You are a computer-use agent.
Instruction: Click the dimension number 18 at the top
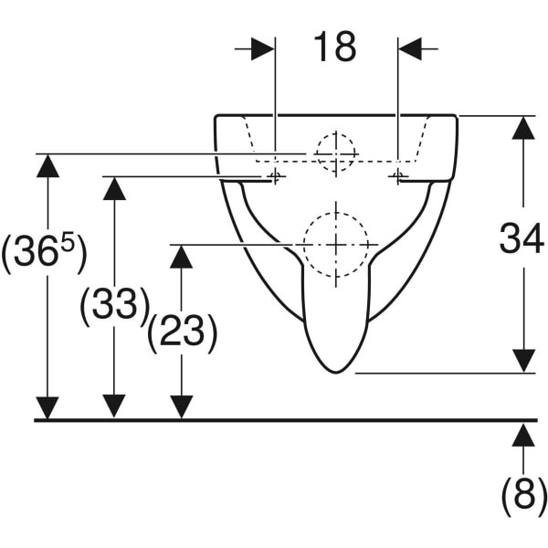[335, 47]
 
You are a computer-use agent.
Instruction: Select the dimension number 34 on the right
[522, 238]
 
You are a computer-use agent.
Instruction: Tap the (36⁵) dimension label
[43, 251]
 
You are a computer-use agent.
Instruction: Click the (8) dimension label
[523, 495]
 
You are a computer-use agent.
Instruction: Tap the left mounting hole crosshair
[275, 175]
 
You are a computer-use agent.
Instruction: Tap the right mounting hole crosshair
[397, 175]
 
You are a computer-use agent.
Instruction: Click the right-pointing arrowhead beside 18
[263, 49]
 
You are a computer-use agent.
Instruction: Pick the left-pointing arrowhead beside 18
[410, 49]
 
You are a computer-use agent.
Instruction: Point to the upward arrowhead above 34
[523, 128]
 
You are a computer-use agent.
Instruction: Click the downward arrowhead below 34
[523, 361]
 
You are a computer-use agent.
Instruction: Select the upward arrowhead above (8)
[523, 435]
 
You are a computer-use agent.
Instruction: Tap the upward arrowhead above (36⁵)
[47, 166]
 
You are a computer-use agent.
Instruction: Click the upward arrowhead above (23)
[181, 257]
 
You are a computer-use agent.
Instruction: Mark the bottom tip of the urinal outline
[335, 373]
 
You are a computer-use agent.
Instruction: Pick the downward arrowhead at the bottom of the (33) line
[114, 406]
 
